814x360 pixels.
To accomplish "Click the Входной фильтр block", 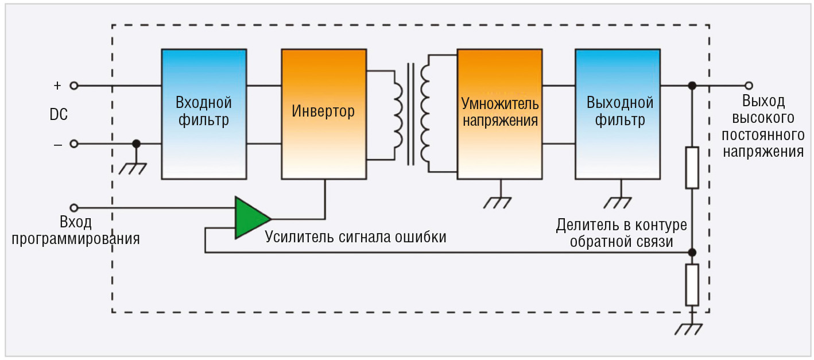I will tap(204, 114).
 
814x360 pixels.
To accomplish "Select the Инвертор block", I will tap(323, 114).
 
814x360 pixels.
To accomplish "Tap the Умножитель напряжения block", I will tap(499, 114).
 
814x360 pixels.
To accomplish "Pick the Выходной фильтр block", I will tap(618, 114).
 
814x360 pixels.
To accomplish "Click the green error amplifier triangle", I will tap(251, 218).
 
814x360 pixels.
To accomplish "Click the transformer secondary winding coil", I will tap(425, 114).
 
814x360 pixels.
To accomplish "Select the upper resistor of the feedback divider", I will tap(692, 168).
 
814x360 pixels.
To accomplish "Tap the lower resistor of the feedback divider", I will tap(692, 285).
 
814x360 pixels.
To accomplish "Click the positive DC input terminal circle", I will tap(73, 86).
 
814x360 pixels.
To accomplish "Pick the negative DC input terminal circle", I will tap(73, 144).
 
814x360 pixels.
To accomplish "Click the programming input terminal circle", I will tap(73, 207).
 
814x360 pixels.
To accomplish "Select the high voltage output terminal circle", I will tap(748, 86).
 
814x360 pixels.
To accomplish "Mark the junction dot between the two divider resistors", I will tap(692, 252).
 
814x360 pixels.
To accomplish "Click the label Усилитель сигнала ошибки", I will tap(355, 237).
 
